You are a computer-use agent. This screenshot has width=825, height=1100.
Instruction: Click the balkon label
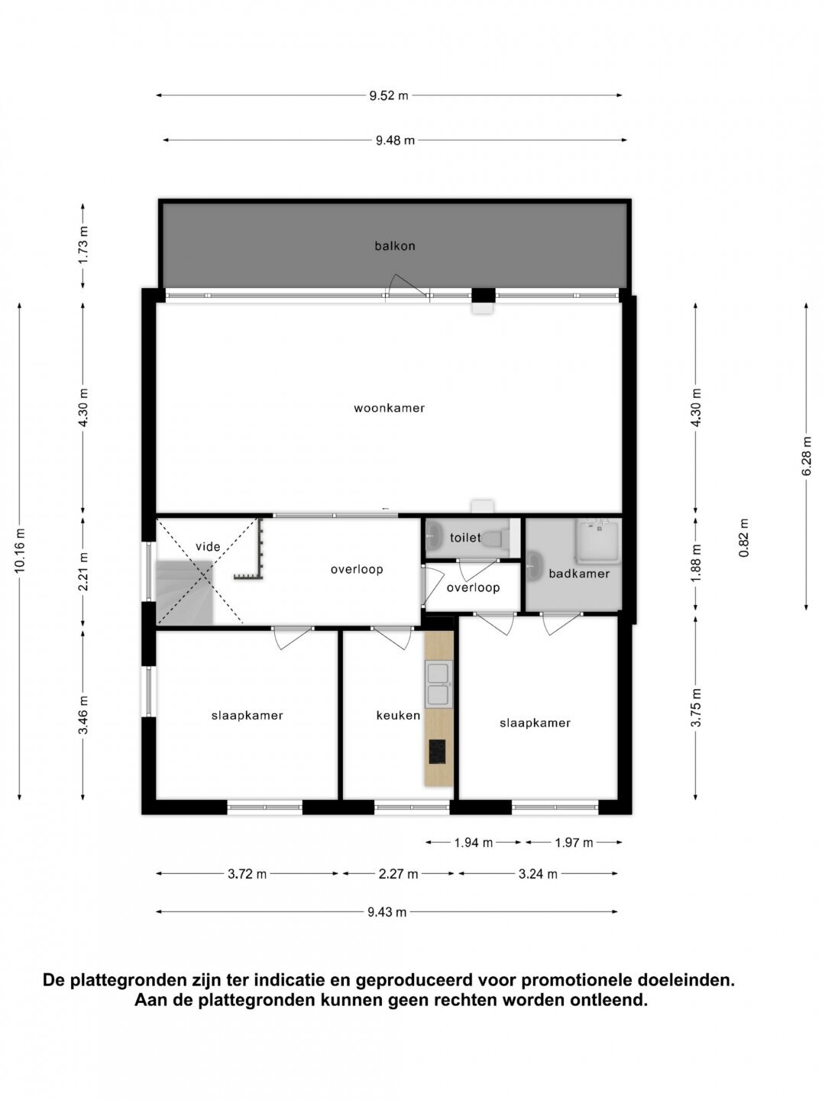(x=395, y=245)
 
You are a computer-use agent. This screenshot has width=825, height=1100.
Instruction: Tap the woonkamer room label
(x=390, y=408)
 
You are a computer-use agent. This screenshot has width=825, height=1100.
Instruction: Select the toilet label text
(x=465, y=538)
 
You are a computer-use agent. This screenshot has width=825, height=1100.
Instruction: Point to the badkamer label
(x=579, y=574)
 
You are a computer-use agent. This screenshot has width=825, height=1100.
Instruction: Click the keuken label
(x=398, y=715)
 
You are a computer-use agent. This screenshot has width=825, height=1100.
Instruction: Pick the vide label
(x=208, y=546)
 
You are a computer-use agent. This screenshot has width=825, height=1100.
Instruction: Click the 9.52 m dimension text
(x=389, y=95)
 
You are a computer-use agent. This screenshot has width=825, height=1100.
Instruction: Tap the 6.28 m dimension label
(x=806, y=457)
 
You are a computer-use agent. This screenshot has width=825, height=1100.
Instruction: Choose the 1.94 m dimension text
(x=474, y=843)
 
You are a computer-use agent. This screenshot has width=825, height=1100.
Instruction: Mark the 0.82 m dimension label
(x=744, y=538)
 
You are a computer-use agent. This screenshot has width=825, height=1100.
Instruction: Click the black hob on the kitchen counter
(x=437, y=752)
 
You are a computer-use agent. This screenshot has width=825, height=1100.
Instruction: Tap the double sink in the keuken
(x=438, y=684)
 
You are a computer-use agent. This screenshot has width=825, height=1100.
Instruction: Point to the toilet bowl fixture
(x=496, y=539)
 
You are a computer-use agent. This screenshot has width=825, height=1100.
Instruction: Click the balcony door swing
(x=407, y=285)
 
